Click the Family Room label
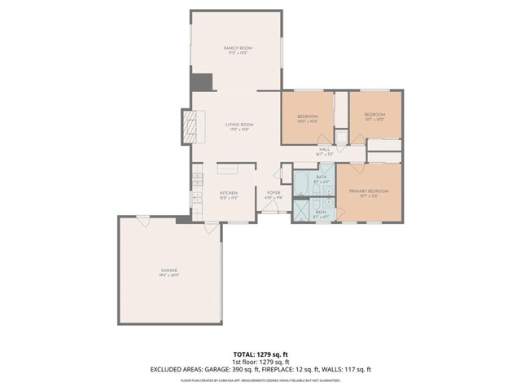239,49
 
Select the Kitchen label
228,193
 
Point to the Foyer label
274,193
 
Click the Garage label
169,270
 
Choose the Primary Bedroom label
369,191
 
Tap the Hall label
323,149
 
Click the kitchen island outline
228,169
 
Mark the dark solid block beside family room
201,82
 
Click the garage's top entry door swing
142,222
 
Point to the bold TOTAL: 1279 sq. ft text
260,354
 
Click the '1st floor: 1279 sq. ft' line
260,362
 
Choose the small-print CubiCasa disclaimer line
260,380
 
